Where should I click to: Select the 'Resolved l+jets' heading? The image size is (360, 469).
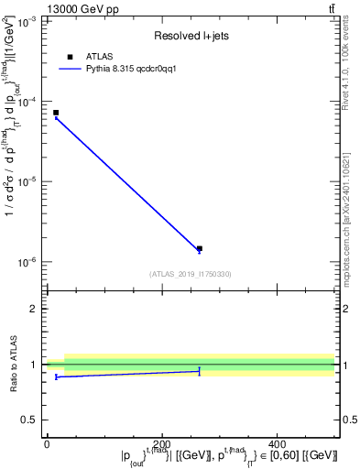[190, 37]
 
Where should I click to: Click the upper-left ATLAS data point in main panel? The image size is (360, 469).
[56, 113]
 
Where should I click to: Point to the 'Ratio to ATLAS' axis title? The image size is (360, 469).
[12, 364]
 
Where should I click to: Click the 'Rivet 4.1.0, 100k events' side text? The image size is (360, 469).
[352, 73]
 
